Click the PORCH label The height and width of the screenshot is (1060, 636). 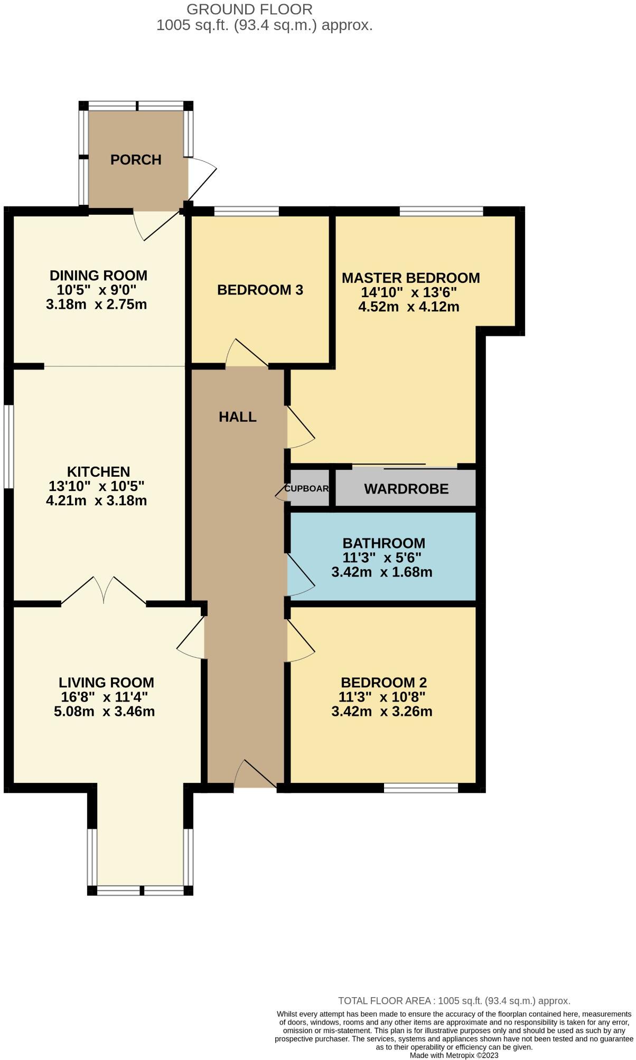[136, 159]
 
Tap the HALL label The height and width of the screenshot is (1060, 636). [238, 417]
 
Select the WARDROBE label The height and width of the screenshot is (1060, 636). [406, 489]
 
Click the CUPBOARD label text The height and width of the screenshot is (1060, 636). [306, 488]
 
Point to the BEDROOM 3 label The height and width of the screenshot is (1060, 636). [260, 290]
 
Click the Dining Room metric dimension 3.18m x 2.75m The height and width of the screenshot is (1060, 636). [96, 305]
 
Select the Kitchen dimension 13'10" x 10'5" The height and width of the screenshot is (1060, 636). [96, 486]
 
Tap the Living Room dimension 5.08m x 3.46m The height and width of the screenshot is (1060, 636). [105, 711]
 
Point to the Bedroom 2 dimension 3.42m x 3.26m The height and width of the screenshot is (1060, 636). [382, 711]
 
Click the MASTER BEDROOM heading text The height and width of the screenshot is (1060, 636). [410, 278]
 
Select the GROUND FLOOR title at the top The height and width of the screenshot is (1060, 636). [249, 9]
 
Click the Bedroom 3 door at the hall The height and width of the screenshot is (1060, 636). [247, 355]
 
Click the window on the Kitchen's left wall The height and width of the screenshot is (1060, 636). [8, 446]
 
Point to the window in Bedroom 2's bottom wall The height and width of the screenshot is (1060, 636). [420, 788]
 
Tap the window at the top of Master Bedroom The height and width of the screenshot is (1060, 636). [441, 212]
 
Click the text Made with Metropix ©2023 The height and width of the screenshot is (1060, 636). [454, 1055]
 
